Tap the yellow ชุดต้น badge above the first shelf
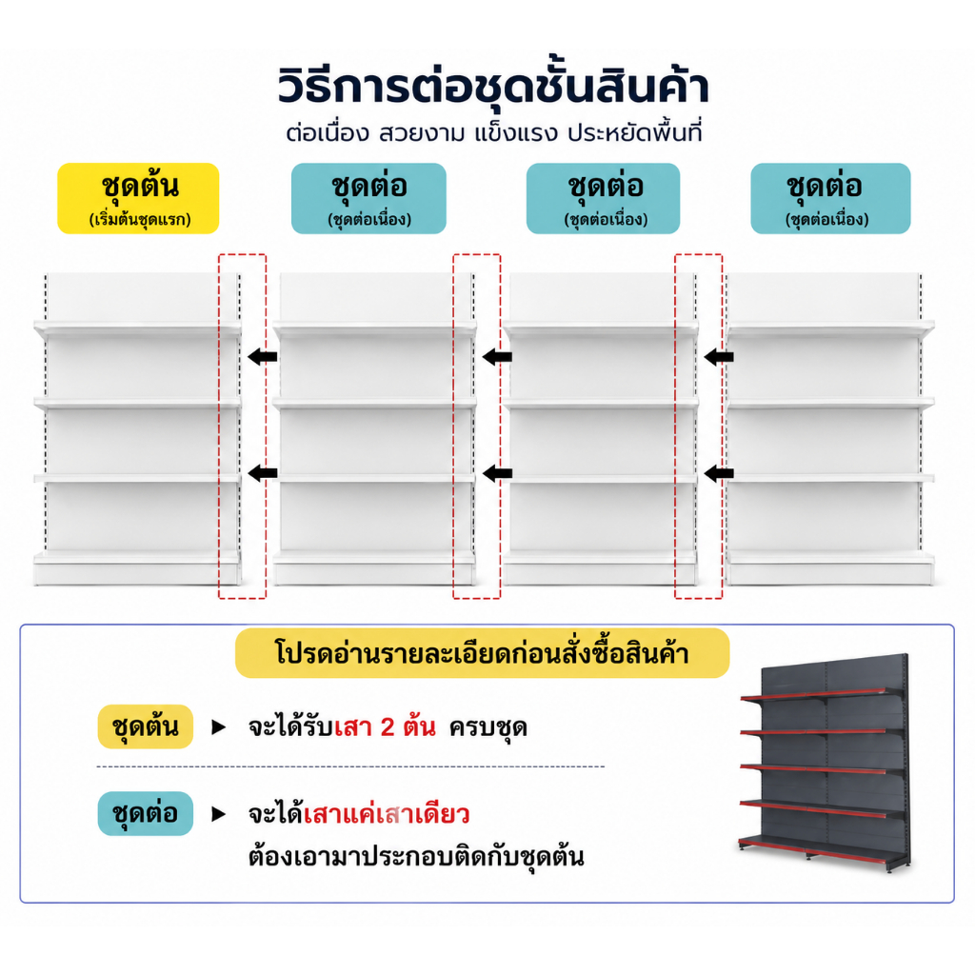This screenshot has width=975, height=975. tap(138, 198)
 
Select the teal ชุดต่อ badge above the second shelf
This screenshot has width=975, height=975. tap(368, 198)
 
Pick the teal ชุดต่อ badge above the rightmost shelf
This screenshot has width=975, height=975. tap(830, 198)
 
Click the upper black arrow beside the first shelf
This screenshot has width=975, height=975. tap(263, 357)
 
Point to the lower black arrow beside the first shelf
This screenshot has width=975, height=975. tap(263, 473)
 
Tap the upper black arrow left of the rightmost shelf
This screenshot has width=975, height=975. tap(719, 357)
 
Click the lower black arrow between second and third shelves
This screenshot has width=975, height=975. tap(497, 473)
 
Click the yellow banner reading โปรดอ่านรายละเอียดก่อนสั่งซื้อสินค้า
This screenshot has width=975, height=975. tap(482, 653)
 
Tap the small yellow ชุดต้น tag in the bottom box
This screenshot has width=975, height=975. tap(146, 726)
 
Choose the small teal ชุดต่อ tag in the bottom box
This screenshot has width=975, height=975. tap(146, 813)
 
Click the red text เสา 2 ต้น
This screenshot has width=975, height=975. tap(385, 726)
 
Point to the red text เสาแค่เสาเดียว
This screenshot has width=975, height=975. tap(387, 814)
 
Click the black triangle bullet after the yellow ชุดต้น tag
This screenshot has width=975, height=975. tap(218, 726)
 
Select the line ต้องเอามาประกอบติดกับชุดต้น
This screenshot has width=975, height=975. tap(416, 857)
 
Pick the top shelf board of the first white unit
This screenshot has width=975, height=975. tap(137, 329)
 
